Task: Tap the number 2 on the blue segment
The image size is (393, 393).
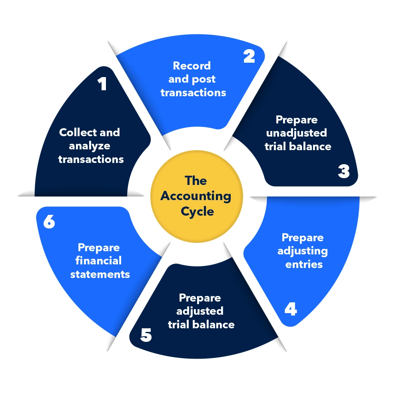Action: (249, 56)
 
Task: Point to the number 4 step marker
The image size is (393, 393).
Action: (291, 309)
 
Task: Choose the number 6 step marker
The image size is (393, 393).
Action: (49, 222)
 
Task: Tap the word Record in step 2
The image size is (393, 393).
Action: (192, 65)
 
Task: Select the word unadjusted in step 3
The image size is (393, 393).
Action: (296, 133)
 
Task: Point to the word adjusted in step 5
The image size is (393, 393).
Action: (200, 311)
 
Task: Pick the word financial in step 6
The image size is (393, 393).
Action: (98, 261)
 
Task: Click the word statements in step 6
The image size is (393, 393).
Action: (100, 274)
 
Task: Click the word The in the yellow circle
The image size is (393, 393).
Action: (196, 181)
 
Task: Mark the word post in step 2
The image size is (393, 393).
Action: (204, 79)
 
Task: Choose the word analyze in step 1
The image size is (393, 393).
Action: (89, 146)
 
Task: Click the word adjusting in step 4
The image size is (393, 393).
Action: (303, 251)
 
